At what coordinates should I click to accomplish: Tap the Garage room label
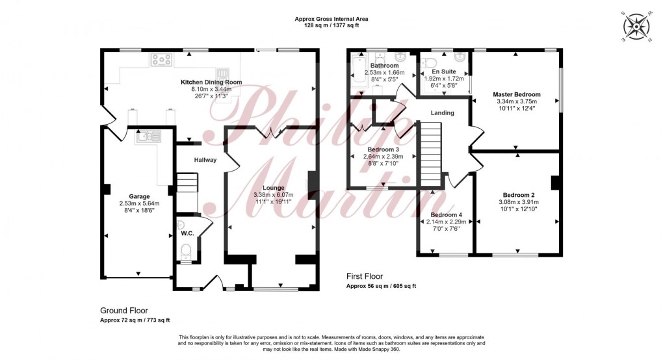click(x=139, y=196)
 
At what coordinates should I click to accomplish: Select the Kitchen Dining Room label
click(x=211, y=83)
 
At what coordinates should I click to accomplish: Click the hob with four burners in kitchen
click(x=161, y=60)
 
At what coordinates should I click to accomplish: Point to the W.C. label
click(x=187, y=233)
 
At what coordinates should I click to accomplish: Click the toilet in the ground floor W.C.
click(x=186, y=251)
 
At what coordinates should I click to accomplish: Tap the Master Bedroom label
click(x=517, y=94)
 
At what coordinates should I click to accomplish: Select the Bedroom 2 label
click(x=518, y=194)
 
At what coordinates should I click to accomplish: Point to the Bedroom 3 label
click(x=383, y=149)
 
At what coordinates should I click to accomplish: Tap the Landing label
click(x=442, y=113)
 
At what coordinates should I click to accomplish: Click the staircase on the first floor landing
click(x=428, y=156)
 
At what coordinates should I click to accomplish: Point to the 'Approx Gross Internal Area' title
click(x=331, y=19)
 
